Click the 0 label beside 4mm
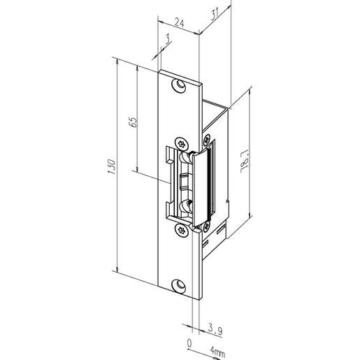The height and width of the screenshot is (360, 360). coord(189,343)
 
